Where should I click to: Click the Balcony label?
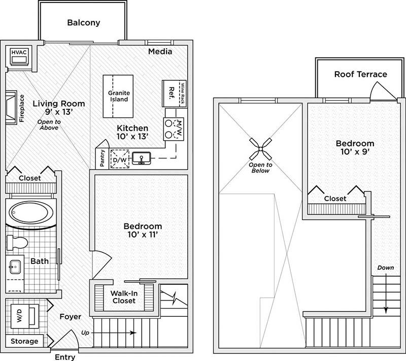click(84, 23)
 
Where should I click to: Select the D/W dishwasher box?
click(120, 159)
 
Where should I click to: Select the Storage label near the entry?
click(25, 341)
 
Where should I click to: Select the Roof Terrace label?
click(360, 75)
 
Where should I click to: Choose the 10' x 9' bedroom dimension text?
click(358, 152)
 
